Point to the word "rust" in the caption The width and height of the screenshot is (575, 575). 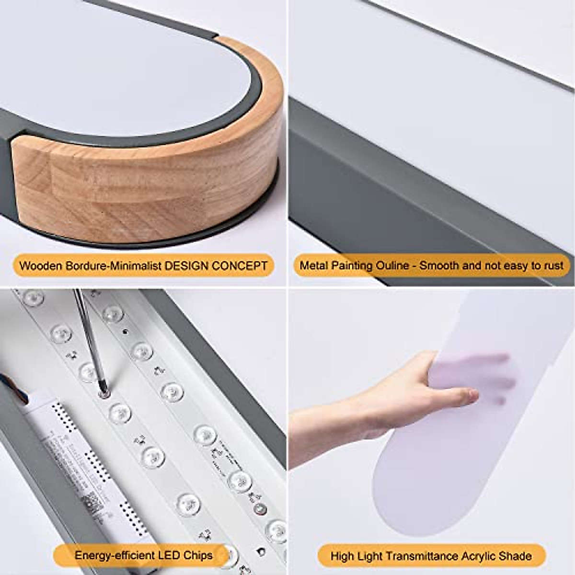(x=552, y=265)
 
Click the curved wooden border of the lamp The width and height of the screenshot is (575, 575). (x=158, y=192)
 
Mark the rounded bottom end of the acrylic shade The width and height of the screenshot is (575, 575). (x=422, y=517)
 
